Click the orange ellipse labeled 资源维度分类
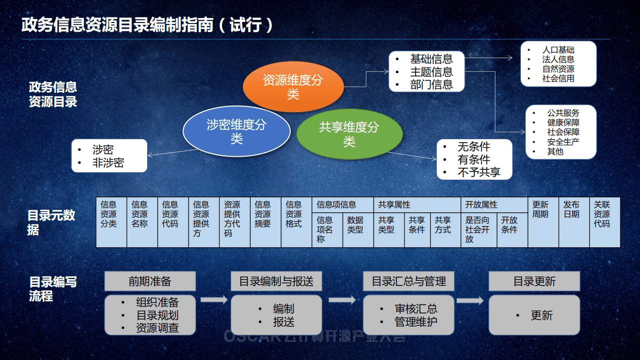[293, 87]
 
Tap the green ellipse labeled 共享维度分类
[349, 134]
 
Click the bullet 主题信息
[431, 72]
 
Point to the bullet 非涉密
[108, 163]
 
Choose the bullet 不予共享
[479, 172]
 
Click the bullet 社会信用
[558, 79]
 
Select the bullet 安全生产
[563, 142]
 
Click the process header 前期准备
[150, 281]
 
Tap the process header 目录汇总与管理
[408, 281]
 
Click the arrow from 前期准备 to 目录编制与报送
[213, 300]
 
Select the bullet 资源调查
[158, 328]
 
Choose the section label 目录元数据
[51, 222]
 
